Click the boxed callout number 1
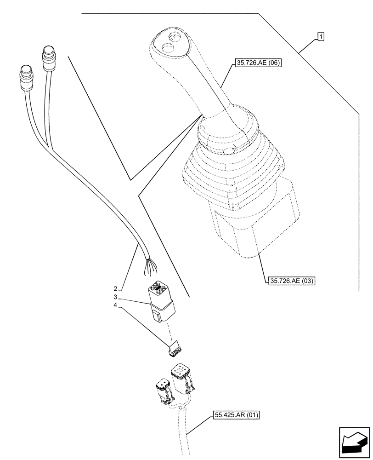pyautogui.click(x=321, y=37)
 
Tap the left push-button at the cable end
pyautogui.click(x=25, y=74)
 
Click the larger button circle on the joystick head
pyautogui.click(x=167, y=47)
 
